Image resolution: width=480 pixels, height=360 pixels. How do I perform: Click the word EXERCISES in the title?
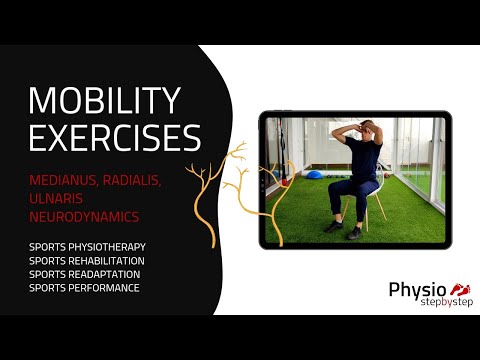114,137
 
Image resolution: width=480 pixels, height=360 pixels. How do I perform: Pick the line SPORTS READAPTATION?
85,274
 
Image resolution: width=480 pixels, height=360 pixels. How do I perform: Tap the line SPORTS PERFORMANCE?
84,288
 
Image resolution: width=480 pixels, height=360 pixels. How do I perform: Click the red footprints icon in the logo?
462,289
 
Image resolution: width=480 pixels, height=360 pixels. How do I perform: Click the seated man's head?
363,131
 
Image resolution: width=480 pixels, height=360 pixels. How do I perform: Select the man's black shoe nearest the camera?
355,233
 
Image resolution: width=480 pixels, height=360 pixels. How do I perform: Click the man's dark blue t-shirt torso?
364,160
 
